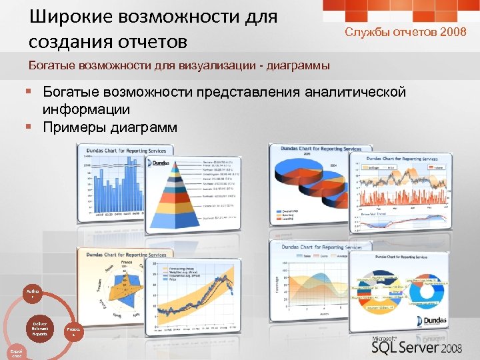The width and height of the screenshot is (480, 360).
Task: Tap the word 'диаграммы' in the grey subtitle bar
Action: point(294,65)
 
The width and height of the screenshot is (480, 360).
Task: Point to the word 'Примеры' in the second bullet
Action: point(73,127)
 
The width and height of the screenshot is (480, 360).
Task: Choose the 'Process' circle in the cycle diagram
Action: point(73,332)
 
